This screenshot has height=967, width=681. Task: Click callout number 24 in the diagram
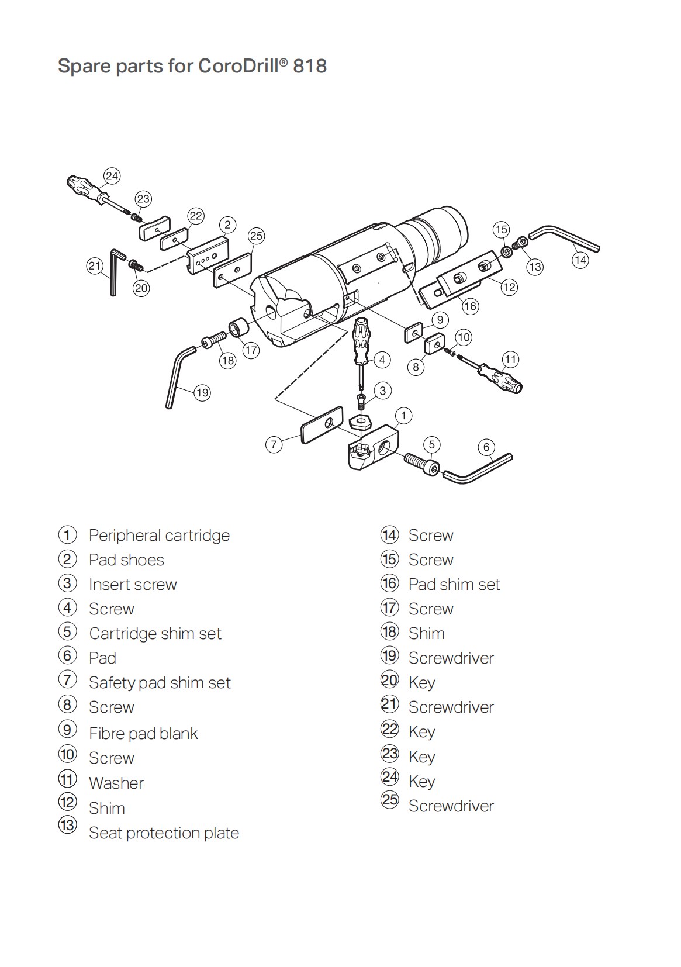(x=112, y=176)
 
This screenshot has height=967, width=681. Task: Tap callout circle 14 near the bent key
(x=580, y=259)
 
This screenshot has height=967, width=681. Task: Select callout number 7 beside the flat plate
(x=274, y=444)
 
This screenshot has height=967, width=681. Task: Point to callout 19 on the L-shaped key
(x=202, y=392)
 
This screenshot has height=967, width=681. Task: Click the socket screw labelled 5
(x=421, y=464)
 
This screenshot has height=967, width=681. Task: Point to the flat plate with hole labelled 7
(x=321, y=426)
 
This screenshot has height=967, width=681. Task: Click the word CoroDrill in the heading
(x=239, y=65)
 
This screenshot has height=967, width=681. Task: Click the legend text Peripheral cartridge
(x=159, y=536)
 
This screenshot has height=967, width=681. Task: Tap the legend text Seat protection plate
(x=164, y=833)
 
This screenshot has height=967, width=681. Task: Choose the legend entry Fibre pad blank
(x=143, y=733)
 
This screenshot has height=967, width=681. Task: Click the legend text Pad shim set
(x=454, y=585)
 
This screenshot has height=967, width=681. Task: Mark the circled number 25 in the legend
(x=389, y=799)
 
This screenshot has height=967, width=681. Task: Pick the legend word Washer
(x=116, y=783)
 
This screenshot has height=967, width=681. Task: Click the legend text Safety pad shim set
(x=160, y=683)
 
